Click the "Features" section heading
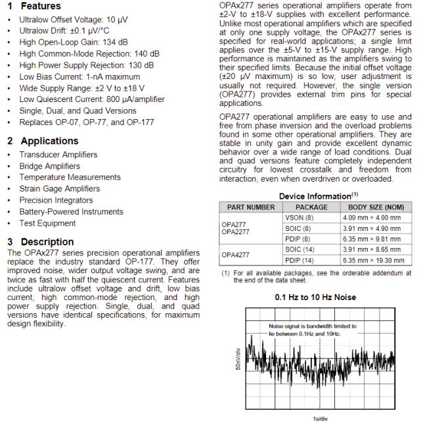point(40,6)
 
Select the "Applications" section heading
point(49,141)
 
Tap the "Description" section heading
point(47,241)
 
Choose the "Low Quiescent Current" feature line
point(92,99)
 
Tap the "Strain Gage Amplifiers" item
point(60,189)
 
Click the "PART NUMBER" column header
point(251,207)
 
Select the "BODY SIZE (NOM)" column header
point(372,207)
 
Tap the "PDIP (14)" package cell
point(300,260)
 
